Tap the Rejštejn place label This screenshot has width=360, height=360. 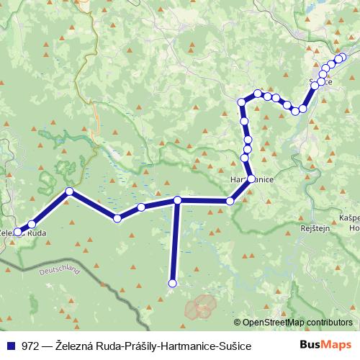tap(315, 228)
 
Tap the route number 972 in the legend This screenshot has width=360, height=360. tap(31, 346)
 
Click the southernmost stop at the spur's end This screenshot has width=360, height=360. tap(172, 284)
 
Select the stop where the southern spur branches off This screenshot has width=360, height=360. tap(177, 200)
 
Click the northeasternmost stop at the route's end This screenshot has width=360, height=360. tap(343, 57)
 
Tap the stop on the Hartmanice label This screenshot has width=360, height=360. tap(251, 179)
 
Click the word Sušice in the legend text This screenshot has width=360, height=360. tap(235, 346)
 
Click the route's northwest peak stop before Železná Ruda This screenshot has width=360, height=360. tap(69, 191)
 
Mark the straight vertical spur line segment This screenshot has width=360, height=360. tap(174, 241)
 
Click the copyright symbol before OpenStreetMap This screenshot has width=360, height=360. tap(238, 323)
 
